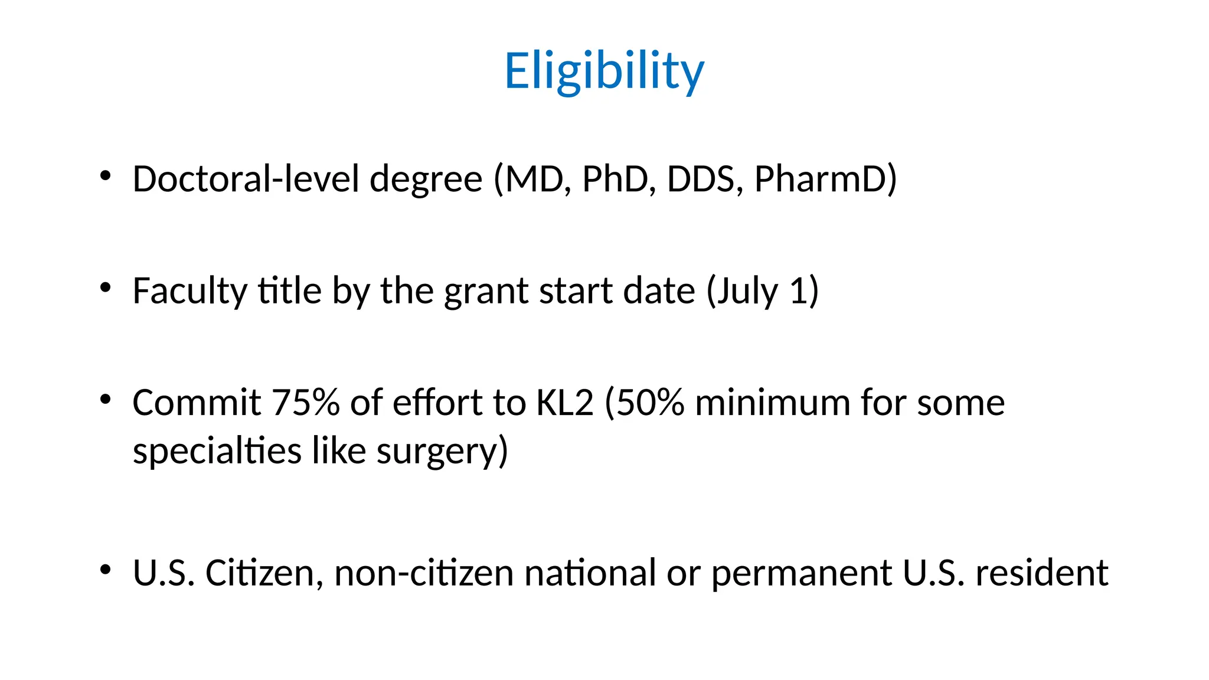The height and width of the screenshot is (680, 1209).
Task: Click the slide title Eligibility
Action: tap(604, 71)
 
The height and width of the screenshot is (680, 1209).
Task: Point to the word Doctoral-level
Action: tap(246, 179)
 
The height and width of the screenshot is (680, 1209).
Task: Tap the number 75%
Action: tap(306, 403)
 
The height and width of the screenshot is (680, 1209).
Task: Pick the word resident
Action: tap(1041, 573)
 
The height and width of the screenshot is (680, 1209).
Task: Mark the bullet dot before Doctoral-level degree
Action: tap(106, 176)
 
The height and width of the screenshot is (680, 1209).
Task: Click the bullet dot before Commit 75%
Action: tap(106, 400)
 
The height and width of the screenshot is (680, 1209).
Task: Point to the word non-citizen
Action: tap(424, 573)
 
